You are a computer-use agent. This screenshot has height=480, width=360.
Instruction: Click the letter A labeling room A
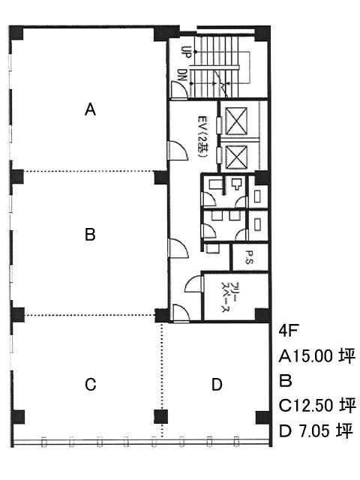pyautogui.click(x=90, y=109)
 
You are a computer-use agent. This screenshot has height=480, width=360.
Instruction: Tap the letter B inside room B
pyautogui.click(x=90, y=235)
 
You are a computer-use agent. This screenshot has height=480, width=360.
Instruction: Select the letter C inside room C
pyautogui.click(x=91, y=385)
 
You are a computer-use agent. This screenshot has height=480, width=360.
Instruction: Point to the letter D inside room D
pyautogui.click(x=217, y=385)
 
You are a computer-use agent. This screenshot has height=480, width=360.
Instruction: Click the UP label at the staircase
pyautogui.click(x=186, y=52)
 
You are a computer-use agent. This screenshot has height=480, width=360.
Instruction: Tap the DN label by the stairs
pyautogui.click(x=181, y=75)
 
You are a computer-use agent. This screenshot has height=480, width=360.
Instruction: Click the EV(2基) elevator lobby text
pyautogui.click(x=202, y=136)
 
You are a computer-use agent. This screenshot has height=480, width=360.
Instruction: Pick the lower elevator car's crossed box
pyautogui.click(x=236, y=157)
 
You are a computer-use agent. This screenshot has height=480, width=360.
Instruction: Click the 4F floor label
pyautogui.click(x=288, y=331)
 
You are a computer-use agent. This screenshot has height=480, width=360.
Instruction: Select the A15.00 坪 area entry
pyautogui.click(x=317, y=356)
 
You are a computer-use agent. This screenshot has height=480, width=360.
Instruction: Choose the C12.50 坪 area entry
pyautogui.click(x=317, y=405)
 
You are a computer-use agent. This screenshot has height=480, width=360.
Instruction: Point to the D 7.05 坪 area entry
pyautogui.click(x=316, y=430)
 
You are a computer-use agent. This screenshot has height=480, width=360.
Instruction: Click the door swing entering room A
pyautogui.click(x=178, y=150)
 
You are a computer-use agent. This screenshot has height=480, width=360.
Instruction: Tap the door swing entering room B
pyautogui.click(x=178, y=248)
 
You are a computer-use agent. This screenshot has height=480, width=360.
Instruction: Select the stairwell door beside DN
pyautogui.click(x=179, y=90)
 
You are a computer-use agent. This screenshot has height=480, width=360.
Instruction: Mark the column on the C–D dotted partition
pyautogui.click(x=160, y=417)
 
